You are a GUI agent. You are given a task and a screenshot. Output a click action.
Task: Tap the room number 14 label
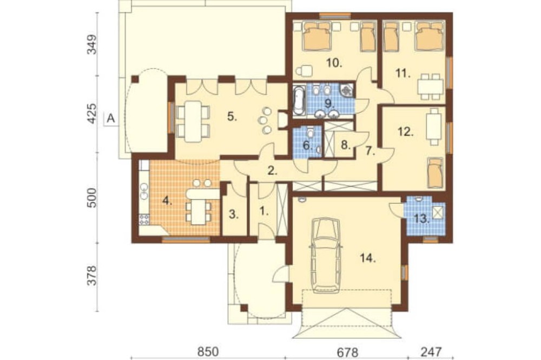368,258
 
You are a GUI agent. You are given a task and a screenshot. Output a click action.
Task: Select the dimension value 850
208,352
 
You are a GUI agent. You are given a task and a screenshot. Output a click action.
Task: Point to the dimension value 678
347,352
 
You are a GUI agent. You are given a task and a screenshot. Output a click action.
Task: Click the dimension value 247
431,352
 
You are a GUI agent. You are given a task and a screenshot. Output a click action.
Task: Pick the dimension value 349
92,44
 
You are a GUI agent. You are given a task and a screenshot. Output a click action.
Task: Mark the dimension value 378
92,275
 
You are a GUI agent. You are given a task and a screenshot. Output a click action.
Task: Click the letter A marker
110,118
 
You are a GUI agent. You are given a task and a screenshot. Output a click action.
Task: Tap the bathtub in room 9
299,101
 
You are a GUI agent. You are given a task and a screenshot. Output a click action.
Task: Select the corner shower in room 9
347,90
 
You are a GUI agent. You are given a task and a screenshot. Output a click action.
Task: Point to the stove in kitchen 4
144,219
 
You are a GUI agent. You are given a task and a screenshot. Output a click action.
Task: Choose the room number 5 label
232,117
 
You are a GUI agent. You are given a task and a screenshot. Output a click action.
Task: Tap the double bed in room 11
429,36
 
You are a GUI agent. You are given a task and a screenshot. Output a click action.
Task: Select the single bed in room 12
434,172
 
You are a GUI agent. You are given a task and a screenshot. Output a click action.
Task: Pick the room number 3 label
234,214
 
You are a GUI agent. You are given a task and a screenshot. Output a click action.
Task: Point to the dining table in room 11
430,86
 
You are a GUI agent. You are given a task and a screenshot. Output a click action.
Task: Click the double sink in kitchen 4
143,191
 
